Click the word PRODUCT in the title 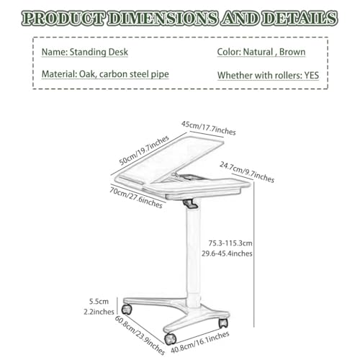pyautogui.click(x=63, y=18)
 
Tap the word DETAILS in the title pyautogui.click(x=300, y=18)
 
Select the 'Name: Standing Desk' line pyautogui.click(x=85, y=53)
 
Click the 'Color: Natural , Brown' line pyautogui.click(x=261, y=52)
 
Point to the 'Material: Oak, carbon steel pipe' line pyautogui.click(x=105, y=74)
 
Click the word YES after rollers pyautogui.click(x=312, y=76)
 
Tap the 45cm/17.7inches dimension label pyautogui.click(x=209, y=128)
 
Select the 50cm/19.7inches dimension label pyautogui.click(x=144, y=150)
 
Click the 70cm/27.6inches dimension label pyautogui.click(x=136, y=197)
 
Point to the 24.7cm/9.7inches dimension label pyautogui.click(x=247, y=172)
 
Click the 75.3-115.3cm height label pyautogui.click(x=230, y=243)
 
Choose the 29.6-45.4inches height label pyautogui.click(x=227, y=253)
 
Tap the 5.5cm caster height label pyautogui.click(x=99, y=302)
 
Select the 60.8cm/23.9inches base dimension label pyautogui.click(x=140, y=335)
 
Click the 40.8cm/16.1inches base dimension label pyautogui.click(x=200, y=342)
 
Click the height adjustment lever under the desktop pyautogui.click(x=191, y=204)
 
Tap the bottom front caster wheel pyautogui.click(x=171, y=339)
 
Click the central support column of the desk pyautogui.click(x=193, y=254)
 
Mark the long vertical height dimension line pyautogui.click(x=254, y=254)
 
